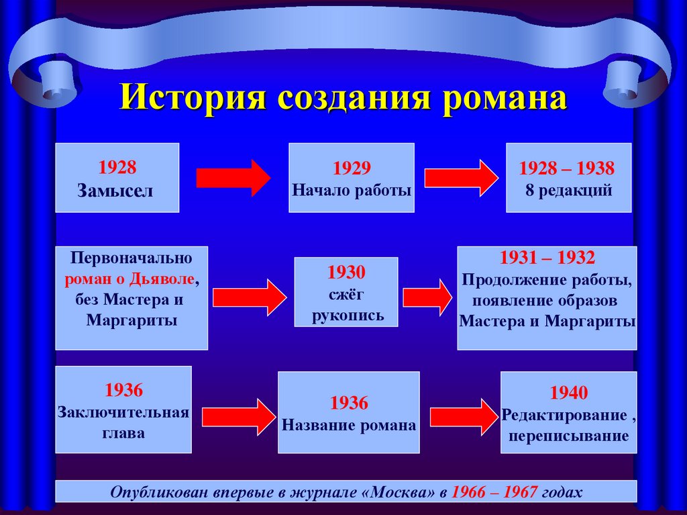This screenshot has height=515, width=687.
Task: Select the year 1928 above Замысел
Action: (117, 167)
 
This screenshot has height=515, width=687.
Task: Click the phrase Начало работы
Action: (352, 190)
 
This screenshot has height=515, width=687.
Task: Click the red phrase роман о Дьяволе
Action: (131, 278)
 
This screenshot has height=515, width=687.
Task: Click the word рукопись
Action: (348, 316)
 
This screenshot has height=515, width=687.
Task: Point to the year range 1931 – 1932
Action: (547, 257)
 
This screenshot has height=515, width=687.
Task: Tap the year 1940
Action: (569, 392)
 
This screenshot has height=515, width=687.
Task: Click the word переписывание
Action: (568, 436)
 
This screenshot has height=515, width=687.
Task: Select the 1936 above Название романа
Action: (349, 403)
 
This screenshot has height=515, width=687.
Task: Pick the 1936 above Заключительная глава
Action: (123, 390)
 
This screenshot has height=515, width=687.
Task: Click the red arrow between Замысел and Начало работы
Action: (233, 178)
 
